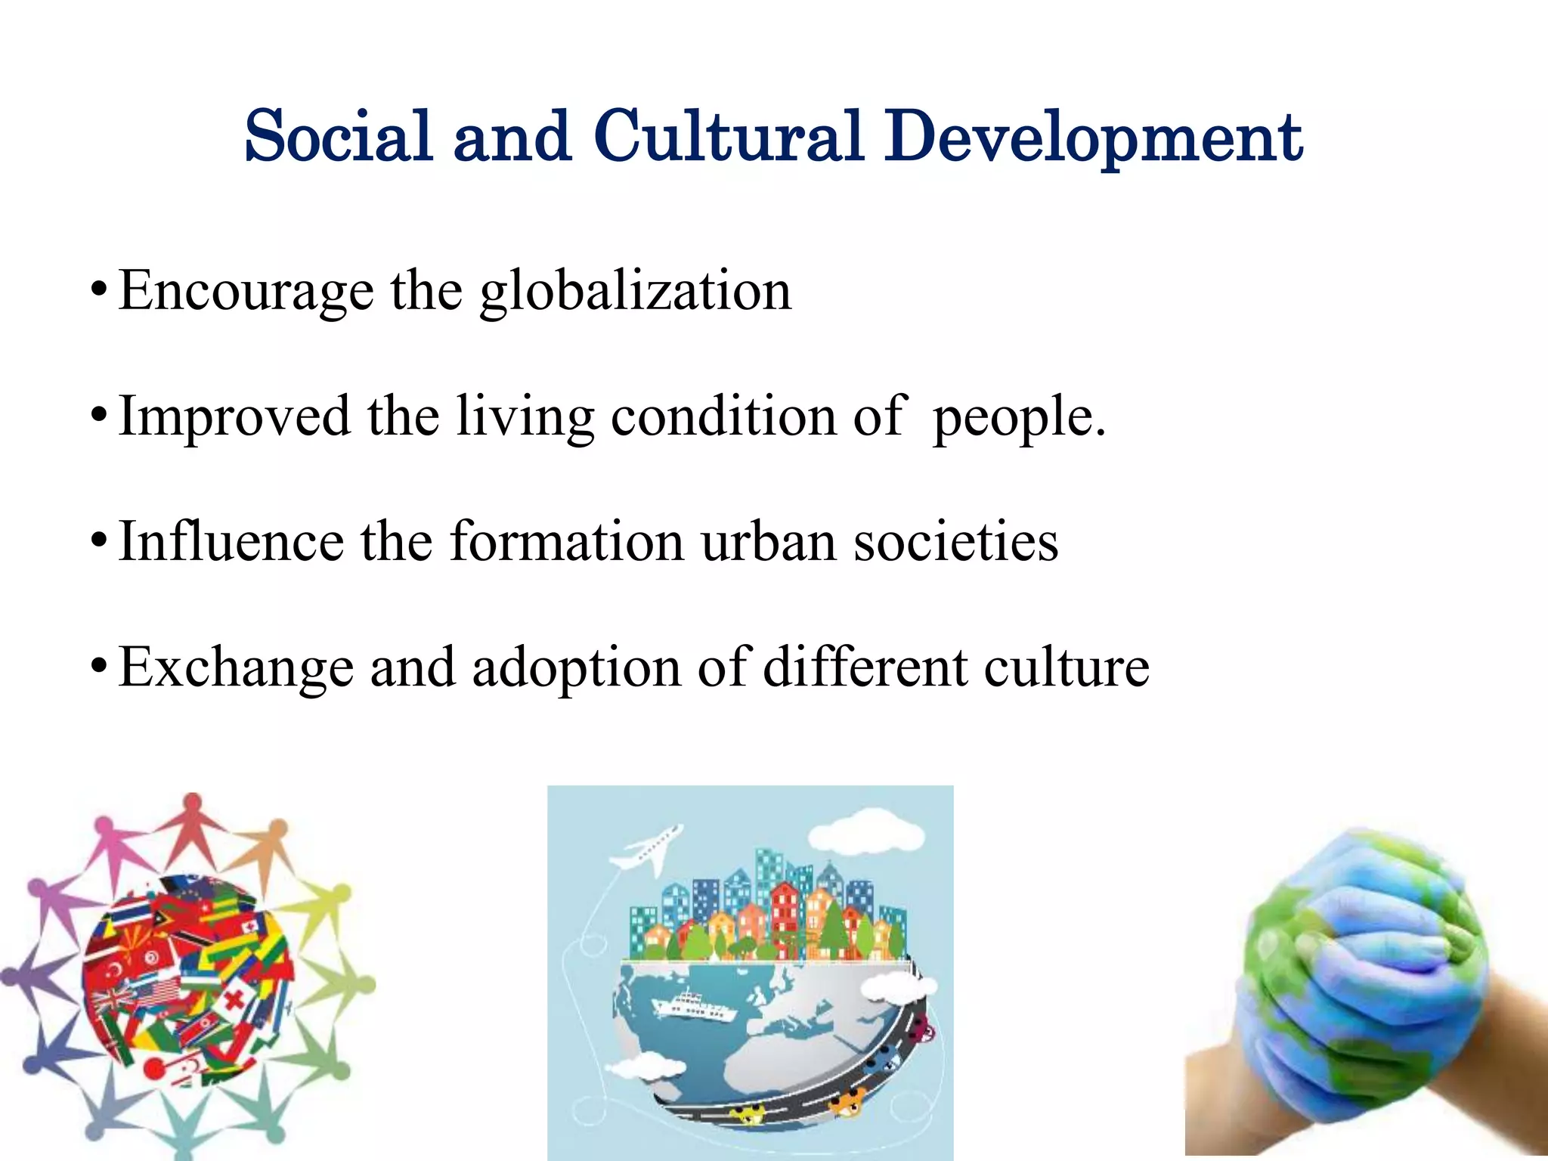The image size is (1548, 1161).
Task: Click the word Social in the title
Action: tap(338, 137)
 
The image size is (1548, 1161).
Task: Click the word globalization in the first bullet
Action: tap(636, 291)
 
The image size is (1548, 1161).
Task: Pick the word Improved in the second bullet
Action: tap(235, 417)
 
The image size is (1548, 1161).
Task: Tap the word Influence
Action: tap(231, 542)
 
